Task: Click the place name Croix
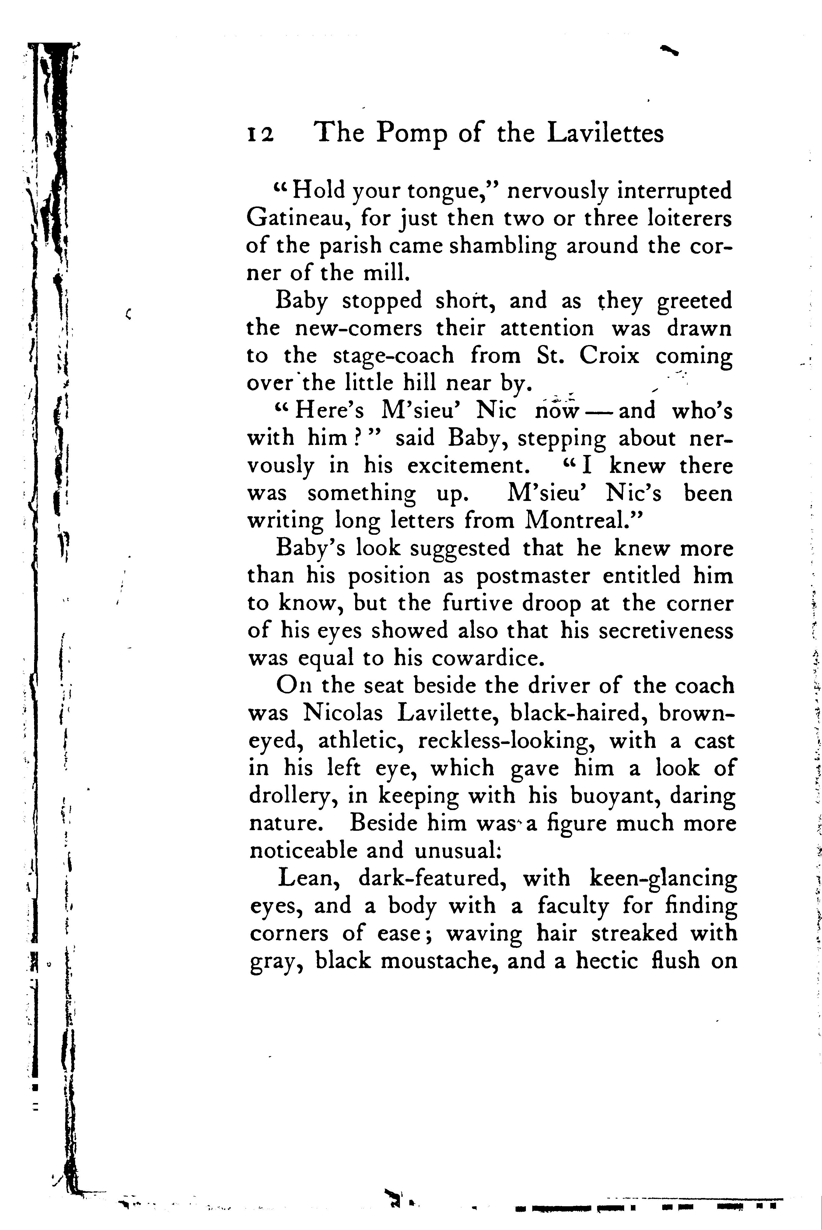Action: coord(610,356)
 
